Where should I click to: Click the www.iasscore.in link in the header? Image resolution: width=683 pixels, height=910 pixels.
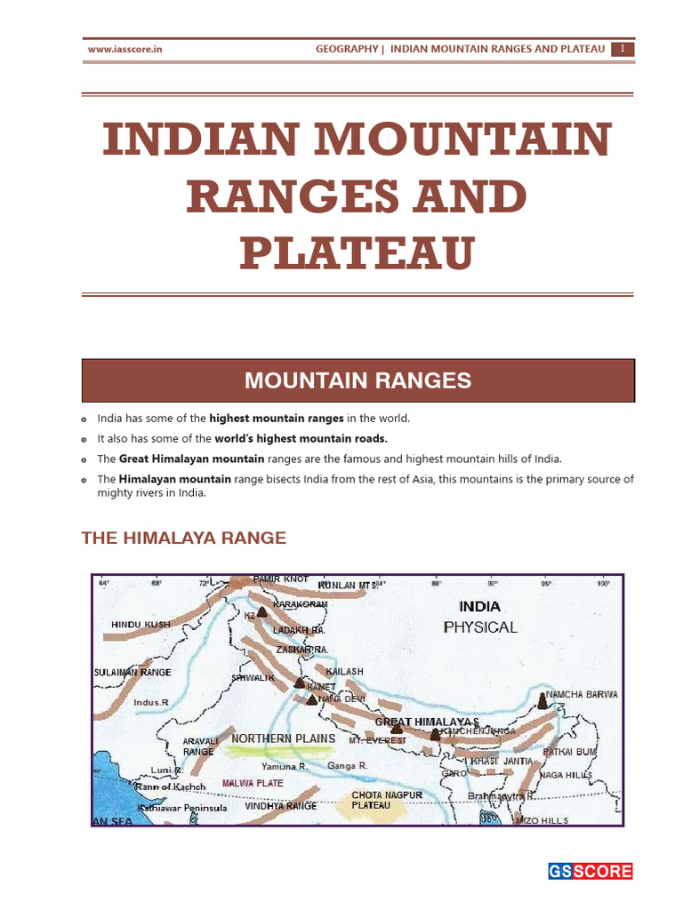[125, 50]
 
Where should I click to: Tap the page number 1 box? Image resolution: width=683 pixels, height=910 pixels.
[623, 50]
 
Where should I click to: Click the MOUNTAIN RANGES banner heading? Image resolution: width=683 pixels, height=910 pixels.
[358, 381]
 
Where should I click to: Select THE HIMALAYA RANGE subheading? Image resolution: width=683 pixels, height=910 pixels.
[183, 538]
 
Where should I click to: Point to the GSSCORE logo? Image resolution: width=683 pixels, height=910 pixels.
[590, 871]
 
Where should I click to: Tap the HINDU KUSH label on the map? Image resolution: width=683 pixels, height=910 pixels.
[141, 625]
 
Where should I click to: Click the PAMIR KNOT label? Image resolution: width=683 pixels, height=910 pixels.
[280, 579]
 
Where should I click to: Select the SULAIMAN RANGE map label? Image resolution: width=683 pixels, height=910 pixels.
[133, 673]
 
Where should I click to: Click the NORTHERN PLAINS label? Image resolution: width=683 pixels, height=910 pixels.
[284, 738]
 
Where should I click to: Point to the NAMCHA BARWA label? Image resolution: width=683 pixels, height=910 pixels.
[582, 695]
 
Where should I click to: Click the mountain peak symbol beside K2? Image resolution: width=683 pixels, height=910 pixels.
[261, 612]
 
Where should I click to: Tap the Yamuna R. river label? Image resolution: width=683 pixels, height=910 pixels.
[284, 765]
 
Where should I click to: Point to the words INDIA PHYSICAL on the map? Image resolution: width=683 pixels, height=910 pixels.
[480, 617]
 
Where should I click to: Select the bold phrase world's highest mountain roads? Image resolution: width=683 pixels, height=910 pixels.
[301, 438]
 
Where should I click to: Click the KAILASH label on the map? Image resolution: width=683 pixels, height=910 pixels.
[345, 671]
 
